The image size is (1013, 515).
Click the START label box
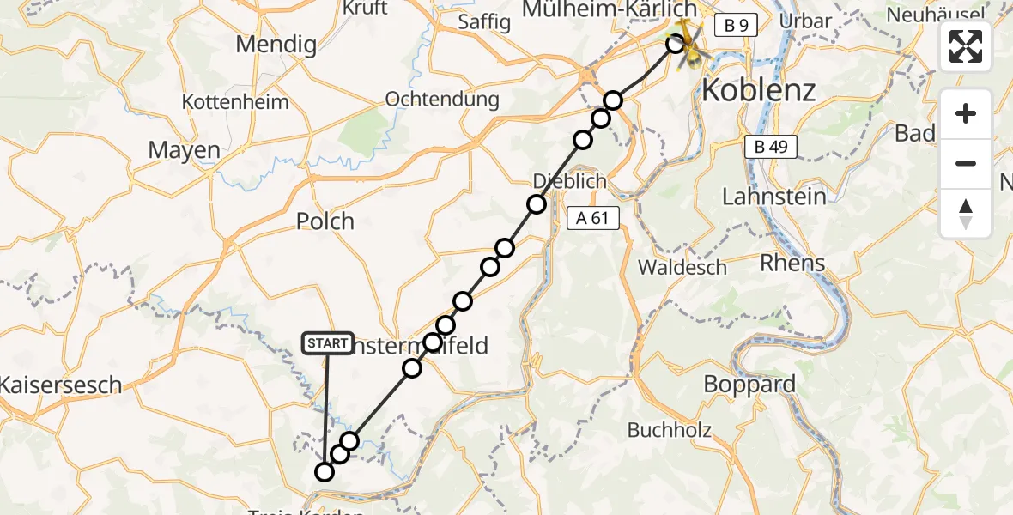pos(327,343)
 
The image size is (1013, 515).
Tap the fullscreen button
pos(966,46)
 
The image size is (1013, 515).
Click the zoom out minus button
pos(966,163)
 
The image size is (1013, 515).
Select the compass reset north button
pos(966,214)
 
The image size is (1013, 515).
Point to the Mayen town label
pos(184,150)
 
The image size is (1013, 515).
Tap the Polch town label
pos(325,221)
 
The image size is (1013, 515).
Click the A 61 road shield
pos(592,218)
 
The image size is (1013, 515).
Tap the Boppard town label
pos(749,384)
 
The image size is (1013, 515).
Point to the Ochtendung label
pos(442,99)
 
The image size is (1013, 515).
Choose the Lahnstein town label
pos(774,197)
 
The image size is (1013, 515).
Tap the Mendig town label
pos(276,45)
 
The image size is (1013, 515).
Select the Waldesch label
pos(682,267)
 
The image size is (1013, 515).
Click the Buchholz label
pos(670,429)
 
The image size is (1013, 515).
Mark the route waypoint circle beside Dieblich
pos(537,204)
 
